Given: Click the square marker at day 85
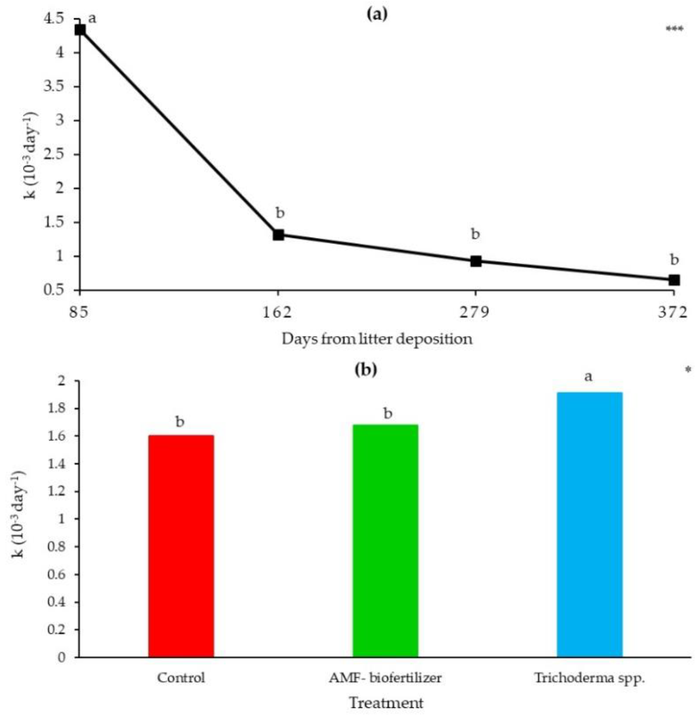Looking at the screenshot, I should coord(80,30).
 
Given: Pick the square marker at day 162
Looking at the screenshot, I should coord(278,235).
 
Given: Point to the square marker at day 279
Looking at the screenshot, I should coord(476,261).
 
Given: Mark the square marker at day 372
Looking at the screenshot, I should coord(674,280).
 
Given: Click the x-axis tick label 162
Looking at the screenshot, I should coord(278,312).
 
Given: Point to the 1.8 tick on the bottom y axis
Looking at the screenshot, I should coord(57,408).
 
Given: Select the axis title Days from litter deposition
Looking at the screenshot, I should coord(377,339).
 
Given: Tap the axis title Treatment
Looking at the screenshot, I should coord(386,703).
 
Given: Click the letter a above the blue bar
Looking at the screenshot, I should coord(588,377).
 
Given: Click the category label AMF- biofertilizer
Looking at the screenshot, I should coord(385,678).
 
